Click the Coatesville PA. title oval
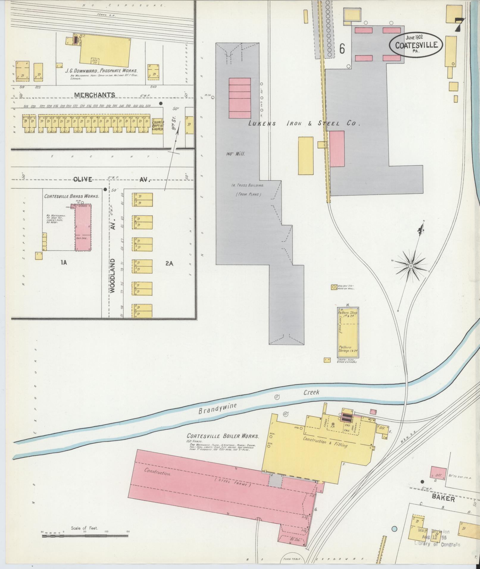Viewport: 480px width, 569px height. pos(416,43)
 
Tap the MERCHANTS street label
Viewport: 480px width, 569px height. pos(95,95)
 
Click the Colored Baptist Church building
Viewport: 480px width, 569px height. pos(158,125)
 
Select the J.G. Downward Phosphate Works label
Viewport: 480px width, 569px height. pos(101,71)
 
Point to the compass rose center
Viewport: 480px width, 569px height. pos(411,265)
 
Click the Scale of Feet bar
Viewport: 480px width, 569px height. pos(85,536)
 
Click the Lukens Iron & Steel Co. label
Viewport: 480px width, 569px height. pos(304,123)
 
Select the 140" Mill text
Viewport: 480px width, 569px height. pos(235,154)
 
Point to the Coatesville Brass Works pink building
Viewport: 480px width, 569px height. pos(83,227)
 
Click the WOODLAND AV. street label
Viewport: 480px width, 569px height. pos(112,275)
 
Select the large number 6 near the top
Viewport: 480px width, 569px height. pos(342,49)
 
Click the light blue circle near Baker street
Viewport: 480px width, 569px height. pos(394,529)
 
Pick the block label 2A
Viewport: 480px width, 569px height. pos(169,263)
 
